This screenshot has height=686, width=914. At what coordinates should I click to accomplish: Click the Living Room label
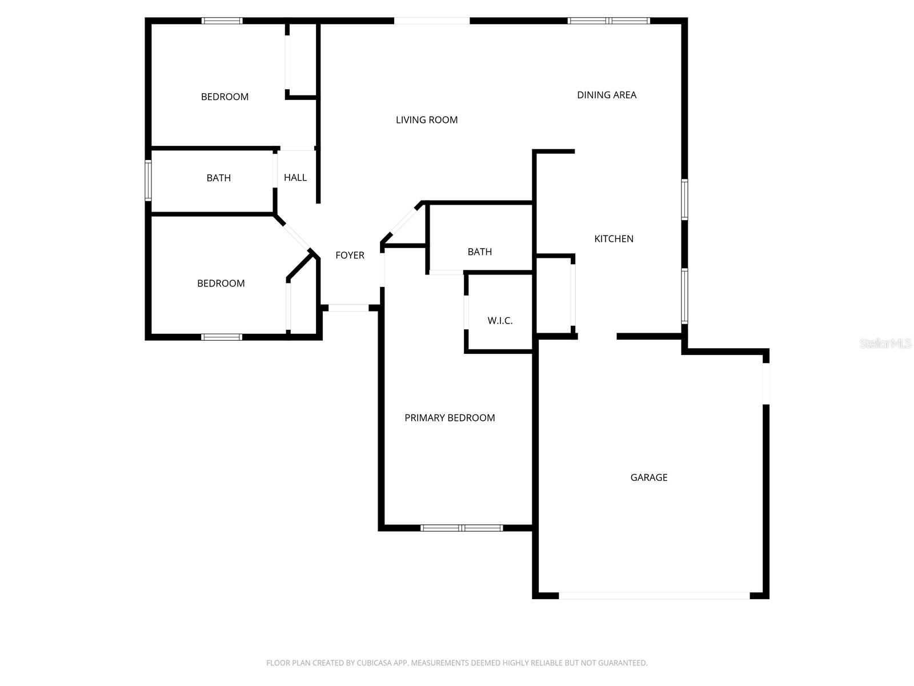point(427,120)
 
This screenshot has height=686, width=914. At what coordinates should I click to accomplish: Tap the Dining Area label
point(607,95)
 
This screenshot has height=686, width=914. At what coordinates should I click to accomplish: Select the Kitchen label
point(614,239)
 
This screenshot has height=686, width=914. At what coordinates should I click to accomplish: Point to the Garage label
point(649,477)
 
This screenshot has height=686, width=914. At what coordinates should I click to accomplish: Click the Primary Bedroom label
point(450,418)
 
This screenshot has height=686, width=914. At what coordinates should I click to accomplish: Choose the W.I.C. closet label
point(500,321)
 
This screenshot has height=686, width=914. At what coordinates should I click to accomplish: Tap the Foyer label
point(350,256)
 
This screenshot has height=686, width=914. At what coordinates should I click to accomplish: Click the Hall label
point(295,178)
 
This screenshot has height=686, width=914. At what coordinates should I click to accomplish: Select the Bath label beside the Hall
point(219,178)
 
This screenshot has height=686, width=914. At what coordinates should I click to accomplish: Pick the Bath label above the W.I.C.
point(480,252)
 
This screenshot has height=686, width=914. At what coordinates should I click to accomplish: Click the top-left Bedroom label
point(225,97)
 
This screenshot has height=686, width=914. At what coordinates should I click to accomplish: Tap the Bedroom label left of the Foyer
point(221,284)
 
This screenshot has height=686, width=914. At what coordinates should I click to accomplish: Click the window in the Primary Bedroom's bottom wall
point(462,528)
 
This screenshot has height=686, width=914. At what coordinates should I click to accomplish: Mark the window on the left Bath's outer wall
point(148,180)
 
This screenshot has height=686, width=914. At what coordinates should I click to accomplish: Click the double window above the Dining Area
point(608,21)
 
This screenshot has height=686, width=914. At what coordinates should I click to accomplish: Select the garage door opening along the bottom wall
point(654,596)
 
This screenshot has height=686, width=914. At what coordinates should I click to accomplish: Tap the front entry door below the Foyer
point(348,308)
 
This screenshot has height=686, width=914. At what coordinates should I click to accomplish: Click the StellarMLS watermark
point(885,344)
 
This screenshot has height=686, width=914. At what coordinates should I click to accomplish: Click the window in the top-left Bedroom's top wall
point(222,21)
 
